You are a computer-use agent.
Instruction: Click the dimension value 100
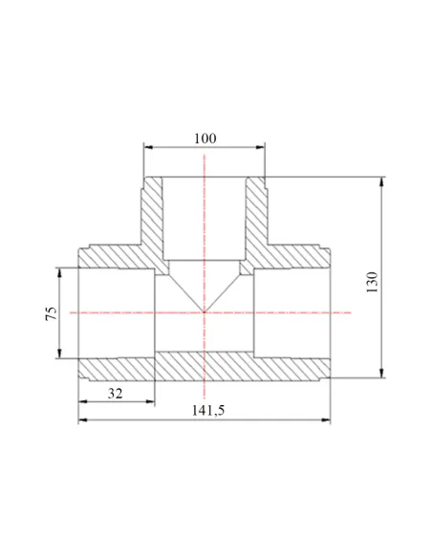click(205, 139)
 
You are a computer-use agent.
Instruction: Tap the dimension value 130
click(372, 282)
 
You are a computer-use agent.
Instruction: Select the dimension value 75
click(52, 313)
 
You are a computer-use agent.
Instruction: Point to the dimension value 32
click(115, 394)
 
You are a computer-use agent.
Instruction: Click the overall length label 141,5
click(208, 411)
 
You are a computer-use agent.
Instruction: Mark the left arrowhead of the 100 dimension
click(148, 147)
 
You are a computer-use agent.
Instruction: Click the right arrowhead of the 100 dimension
click(261, 147)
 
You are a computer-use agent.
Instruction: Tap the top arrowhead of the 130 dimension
click(381, 182)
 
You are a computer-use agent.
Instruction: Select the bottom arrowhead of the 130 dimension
click(381, 373)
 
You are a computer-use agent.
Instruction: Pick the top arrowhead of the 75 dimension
click(59, 272)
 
